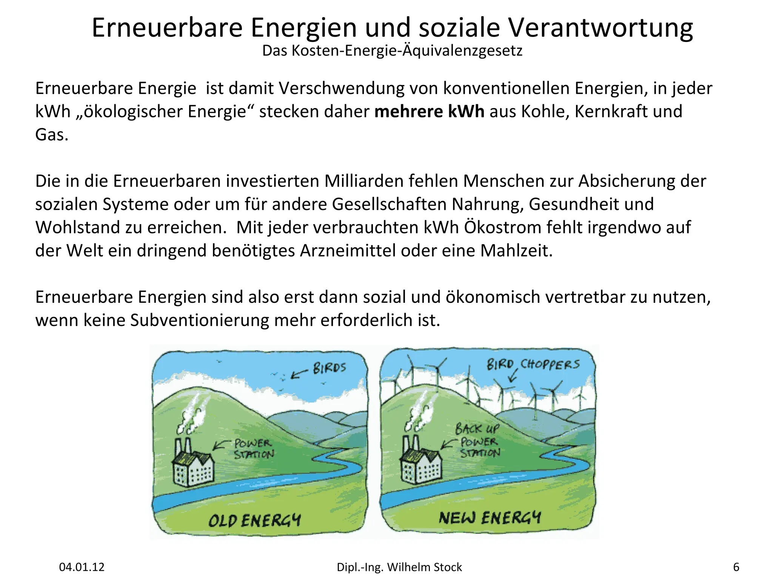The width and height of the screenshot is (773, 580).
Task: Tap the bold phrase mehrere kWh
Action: pyautogui.click(x=429, y=112)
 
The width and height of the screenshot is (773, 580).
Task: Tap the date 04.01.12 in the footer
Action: pyautogui.click(x=82, y=567)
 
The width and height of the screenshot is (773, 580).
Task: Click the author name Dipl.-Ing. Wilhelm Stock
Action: pyautogui.click(x=399, y=567)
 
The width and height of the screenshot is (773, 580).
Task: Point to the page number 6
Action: pyautogui.click(x=736, y=567)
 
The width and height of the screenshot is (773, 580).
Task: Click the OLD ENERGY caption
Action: pyautogui.click(x=254, y=520)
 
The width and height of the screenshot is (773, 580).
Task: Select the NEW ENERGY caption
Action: pyautogui.click(x=490, y=518)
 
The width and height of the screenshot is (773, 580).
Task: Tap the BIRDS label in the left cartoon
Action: pyautogui.click(x=329, y=368)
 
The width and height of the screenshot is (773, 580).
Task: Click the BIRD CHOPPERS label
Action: pyautogui.click(x=533, y=364)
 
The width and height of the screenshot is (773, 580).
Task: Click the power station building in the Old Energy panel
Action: pyautogui.click(x=192, y=466)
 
